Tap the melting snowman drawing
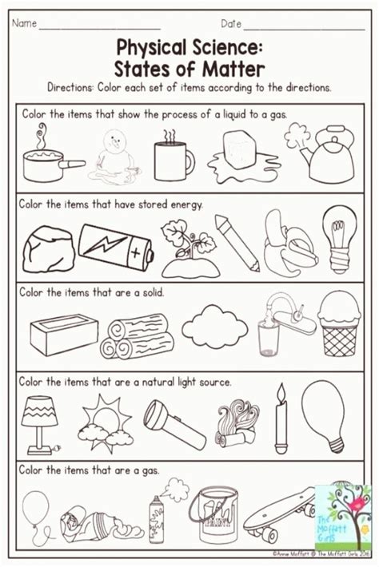(118, 160)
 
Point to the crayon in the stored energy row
(236, 242)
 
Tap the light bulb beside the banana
(339, 236)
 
